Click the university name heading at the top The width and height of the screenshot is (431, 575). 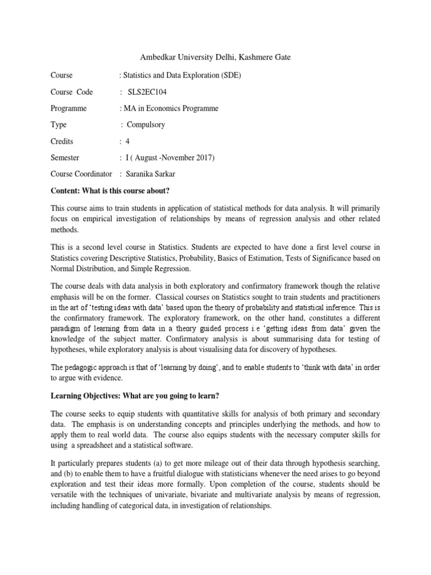point(215,57)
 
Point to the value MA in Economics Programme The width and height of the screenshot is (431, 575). point(171,108)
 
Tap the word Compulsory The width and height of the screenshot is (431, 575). point(146,125)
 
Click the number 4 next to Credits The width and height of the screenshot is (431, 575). point(127,142)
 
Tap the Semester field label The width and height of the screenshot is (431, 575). point(65,158)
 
